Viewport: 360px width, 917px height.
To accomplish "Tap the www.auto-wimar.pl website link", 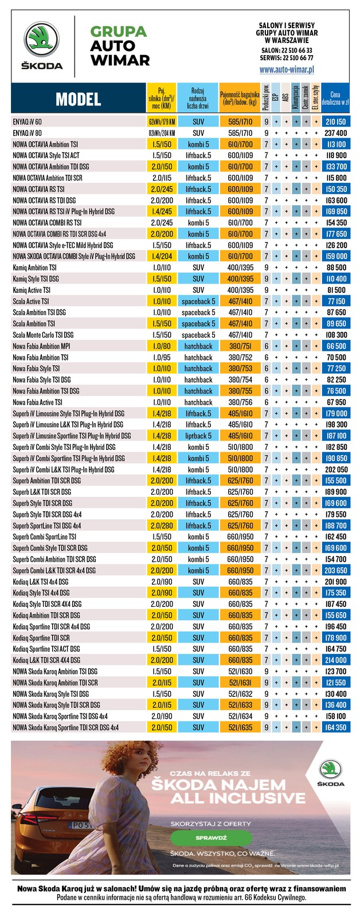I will point(287,69).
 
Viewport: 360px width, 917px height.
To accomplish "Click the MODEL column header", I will point(78,99).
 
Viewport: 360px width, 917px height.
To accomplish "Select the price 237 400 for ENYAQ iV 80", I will point(335,133).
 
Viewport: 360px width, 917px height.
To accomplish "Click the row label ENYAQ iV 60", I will point(27,122).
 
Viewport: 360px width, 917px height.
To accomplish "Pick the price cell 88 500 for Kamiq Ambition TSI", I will point(335,268).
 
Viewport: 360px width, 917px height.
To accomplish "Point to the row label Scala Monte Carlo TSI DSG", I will point(43,335).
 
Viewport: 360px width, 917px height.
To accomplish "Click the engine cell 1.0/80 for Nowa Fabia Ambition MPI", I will point(162,346).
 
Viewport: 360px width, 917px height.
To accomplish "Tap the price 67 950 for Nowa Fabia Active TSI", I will point(335,402).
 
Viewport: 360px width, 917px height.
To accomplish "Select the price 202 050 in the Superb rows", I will point(335,469).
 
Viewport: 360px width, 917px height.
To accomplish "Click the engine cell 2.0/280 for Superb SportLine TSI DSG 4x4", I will point(162,526).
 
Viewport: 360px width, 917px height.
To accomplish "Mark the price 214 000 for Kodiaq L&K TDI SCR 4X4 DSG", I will point(335,660).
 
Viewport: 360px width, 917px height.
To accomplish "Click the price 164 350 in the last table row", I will point(335,727).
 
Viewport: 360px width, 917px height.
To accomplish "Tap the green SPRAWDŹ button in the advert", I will point(211,837).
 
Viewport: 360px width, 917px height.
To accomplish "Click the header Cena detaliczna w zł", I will point(335,99).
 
